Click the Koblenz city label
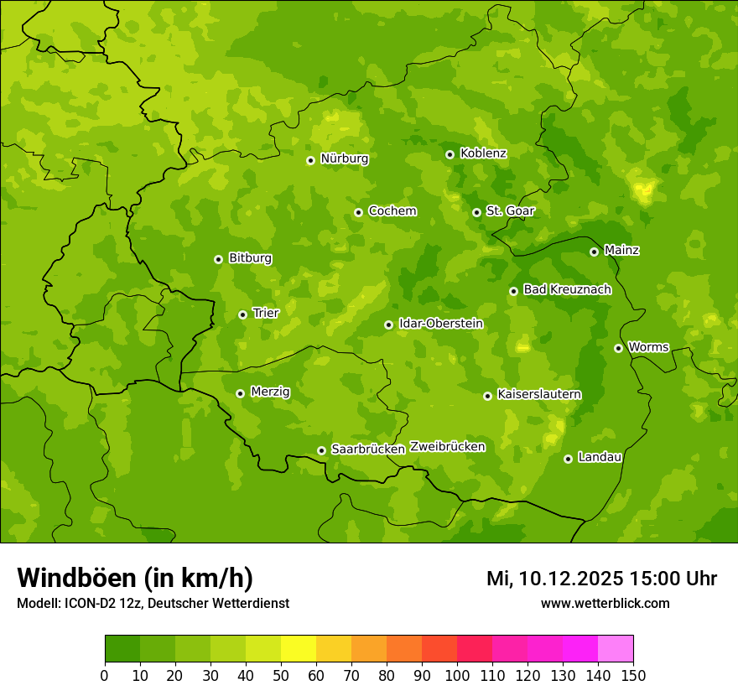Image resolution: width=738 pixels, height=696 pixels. (x=483, y=153)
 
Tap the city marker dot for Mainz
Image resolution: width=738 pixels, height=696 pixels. (x=594, y=252)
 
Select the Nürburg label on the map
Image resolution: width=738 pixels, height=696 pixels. (x=344, y=158)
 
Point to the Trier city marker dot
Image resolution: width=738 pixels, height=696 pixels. (x=243, y=314)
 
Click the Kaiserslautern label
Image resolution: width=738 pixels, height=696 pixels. (x=539, y=394)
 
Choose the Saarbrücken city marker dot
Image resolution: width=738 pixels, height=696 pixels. (x=321, y=450)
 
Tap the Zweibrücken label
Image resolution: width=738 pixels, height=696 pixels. (x=447, y=447)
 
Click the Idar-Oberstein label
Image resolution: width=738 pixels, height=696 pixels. (x=440, y=324)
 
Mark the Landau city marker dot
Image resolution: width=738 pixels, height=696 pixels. (x=568, y=459)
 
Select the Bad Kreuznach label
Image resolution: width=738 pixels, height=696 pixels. (x=567, y=289)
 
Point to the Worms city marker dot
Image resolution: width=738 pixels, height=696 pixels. (x=618, y=348)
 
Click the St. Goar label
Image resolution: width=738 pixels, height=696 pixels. (x=510, y=211)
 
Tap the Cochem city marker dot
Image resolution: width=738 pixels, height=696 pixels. (x=358, y=212)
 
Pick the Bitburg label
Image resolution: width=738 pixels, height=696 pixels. (x=250, y=258)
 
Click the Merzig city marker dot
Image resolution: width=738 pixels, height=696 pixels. (x=240, y=393)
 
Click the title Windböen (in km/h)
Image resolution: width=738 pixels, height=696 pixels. (x=135, y=578)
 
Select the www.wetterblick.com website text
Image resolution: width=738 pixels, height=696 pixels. (x=605, y=603)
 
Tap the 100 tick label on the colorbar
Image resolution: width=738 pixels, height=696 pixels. (x=457, y=675)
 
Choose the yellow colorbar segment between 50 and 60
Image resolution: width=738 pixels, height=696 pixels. (x=299, y=649)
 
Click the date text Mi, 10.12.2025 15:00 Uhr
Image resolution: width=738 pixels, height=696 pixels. (x=601, y=579)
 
